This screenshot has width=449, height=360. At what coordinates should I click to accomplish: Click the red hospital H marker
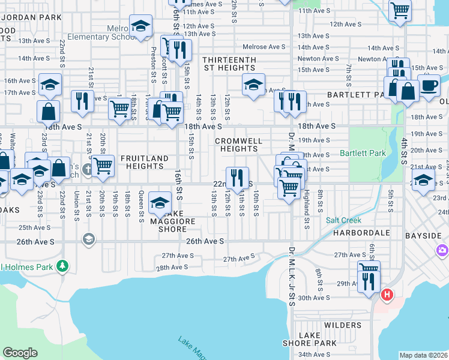(x=387, y=295)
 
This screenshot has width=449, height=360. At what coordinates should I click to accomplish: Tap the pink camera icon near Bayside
(x=442, y=250)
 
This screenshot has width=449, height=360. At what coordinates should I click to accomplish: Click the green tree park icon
(x=61, y=265)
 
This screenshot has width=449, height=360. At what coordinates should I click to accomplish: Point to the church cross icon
(x=88, y=169)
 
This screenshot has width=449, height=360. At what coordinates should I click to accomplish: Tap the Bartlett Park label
(x=363, y=153)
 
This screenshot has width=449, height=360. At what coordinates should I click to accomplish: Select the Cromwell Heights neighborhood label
(x=239, y=144)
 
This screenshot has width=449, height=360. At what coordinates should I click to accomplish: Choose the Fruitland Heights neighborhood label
(x=144, y=163)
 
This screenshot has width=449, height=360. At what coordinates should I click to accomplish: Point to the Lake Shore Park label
(x=310, y=338)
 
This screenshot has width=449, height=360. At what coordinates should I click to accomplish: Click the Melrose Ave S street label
(x=264, y=47)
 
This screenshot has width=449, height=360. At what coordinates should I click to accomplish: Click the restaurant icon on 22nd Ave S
(x=237, y=178)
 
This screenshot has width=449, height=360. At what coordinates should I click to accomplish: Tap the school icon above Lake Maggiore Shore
(x=160, y=203)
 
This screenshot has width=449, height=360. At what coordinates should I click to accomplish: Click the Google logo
(x=20, y=353)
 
